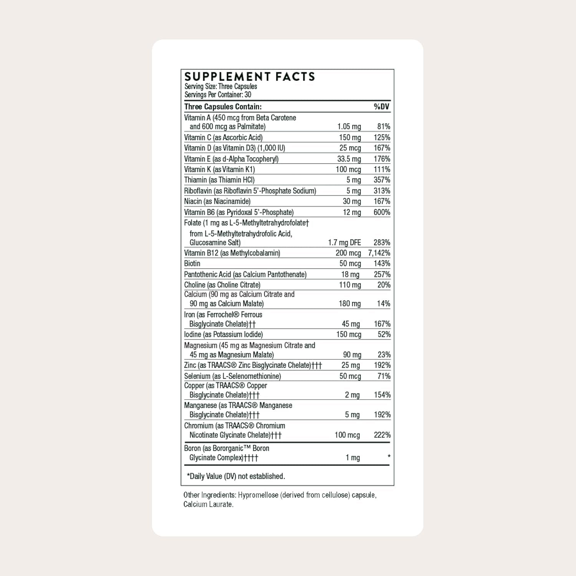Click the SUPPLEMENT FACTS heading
click(250, 77)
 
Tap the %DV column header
click(382, 107)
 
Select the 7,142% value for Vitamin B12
click(379, 253)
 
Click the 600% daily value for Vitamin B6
click(382, 212)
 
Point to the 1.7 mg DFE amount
click(344, 243)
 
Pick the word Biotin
click(192, 263)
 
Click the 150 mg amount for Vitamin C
click(350, 137)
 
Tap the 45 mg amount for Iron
click(351, 324)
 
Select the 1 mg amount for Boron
click(353, 458)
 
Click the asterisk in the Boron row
click(389, 457)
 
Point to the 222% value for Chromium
click(382, 435)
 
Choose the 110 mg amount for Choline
click(350, 285)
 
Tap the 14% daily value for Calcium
click(383, 304)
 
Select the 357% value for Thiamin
click(382, 180)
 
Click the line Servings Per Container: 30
click(218, 95)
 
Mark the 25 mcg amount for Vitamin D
click(350, 148)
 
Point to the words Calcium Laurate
click(208, 505)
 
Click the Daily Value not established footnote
click(236, 477)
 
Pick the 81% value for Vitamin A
click(383, 127)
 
